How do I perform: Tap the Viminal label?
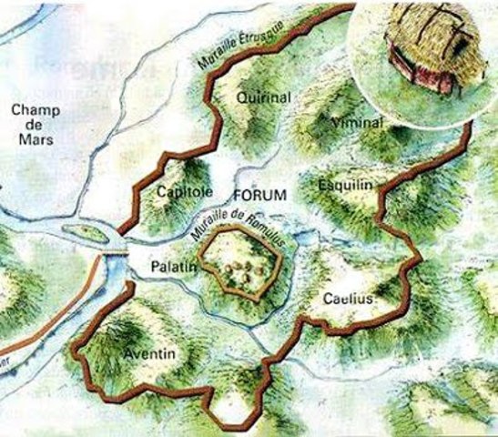coord(356,122)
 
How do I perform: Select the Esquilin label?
coord(346,185)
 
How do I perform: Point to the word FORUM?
coord(259,195)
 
